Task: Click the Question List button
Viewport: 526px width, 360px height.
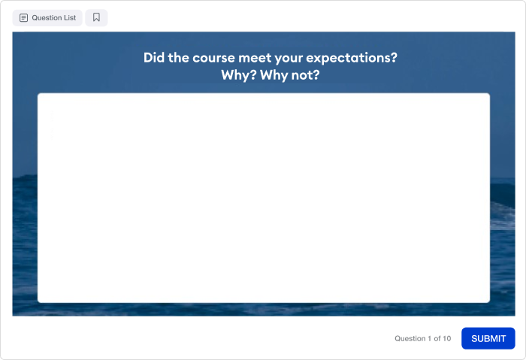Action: coord(47,18)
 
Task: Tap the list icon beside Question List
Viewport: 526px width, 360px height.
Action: coord(23,18)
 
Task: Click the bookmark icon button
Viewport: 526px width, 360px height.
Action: coord(96,18)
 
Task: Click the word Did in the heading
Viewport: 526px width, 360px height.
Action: coord(154,58)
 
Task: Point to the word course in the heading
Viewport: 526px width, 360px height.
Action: coord(213,58)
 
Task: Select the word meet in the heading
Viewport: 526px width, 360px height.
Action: coord(255,58)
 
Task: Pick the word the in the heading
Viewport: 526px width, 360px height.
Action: coord(179,58)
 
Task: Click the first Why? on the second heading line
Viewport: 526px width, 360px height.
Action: coord(238,75)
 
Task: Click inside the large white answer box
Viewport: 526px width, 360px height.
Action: coord(264,198)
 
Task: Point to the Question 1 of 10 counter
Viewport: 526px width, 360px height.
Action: coord(422,338)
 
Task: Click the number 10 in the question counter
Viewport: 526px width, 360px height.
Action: coord(447,338)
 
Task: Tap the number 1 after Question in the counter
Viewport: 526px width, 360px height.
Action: coord(429,338)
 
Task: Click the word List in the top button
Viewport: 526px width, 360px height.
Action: coord(70,18)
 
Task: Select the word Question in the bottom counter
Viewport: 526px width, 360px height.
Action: coord(410,338)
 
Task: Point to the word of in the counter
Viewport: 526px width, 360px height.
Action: coord(437,338)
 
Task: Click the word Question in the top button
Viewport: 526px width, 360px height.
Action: coord(47,18)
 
